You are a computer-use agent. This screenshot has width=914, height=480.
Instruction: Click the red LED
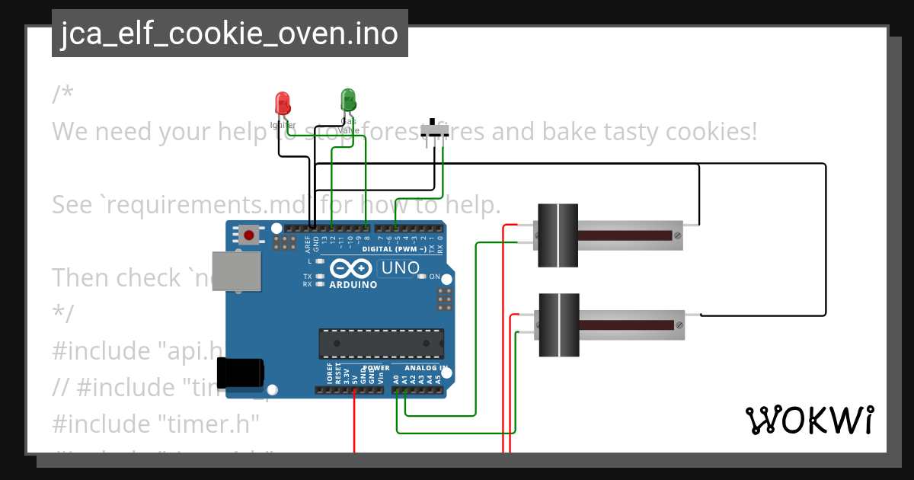pos(282,103)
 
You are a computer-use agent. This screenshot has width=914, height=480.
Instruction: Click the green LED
pos(348,100)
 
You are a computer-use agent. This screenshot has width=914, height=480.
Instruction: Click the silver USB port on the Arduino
pos(236,271)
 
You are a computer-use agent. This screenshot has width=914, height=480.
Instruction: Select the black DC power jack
pos(240,373)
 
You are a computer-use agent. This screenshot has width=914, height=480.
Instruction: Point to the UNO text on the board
pos(401,268)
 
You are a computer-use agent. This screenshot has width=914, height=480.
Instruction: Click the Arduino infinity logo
pos(353,269)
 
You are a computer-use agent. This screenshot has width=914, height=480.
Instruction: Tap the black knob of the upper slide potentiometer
pos(558,235)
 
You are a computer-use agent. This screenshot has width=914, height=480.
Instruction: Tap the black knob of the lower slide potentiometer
pos(558,325)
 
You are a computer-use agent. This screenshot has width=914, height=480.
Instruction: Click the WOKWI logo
pos(809,420)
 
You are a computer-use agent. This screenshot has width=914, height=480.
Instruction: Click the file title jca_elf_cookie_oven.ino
pos(229,34)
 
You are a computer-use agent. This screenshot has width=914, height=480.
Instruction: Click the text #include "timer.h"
pos(156,424)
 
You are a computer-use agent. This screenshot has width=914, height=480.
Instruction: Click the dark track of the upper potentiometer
pos(625,235)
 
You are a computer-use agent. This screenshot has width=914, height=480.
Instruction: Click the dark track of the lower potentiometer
pos(625,325)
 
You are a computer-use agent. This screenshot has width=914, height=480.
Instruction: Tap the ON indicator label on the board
pos(435,277)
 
